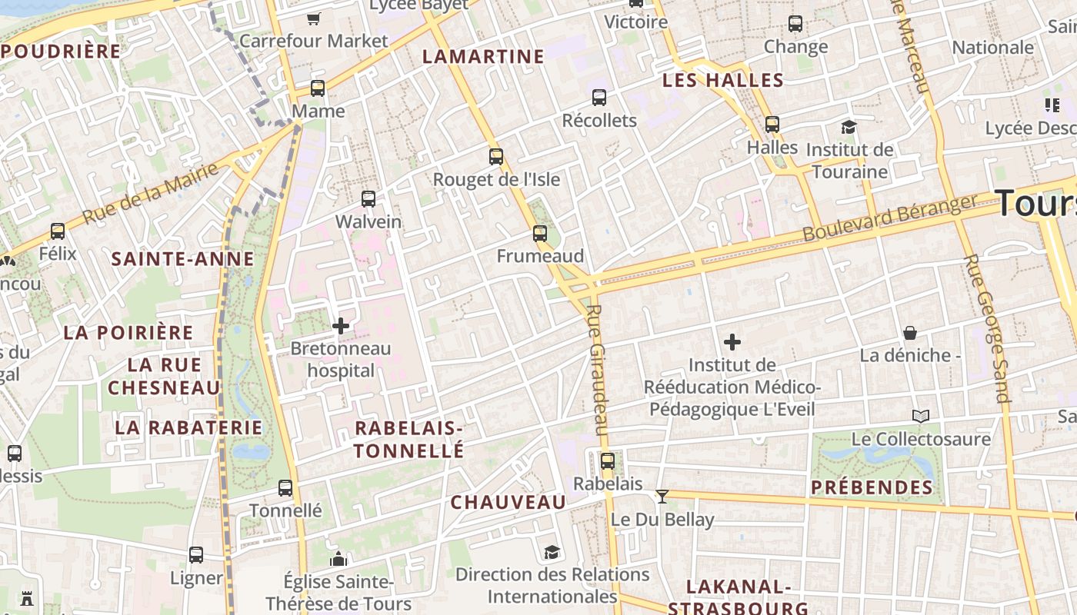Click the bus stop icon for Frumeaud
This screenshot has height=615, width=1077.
coord(540,234)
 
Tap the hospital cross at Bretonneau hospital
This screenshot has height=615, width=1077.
coord(341,326)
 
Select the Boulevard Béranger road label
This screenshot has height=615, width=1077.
coord(889,218)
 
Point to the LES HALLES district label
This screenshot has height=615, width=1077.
coord(722,81)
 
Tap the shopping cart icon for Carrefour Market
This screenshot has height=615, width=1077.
coord(313,18)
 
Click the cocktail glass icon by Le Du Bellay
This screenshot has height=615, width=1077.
coord(662,497)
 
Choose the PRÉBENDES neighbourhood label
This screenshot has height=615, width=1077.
coord(872,487)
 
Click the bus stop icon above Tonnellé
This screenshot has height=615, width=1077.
coord(285,488)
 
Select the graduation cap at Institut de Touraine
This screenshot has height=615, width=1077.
coord(849,127)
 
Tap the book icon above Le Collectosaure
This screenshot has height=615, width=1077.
coord(921,417)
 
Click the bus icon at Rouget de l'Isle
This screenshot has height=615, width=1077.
coord(496,157)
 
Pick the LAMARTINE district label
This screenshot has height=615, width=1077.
coord(483,57)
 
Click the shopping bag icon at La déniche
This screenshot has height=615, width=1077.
coord(910,333)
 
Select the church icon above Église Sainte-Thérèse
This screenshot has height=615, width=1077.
coord(338,559)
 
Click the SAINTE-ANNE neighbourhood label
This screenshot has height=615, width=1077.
coord(182,259)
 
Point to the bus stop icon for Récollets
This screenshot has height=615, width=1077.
coord(599,98)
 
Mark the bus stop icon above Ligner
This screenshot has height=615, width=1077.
coord(196,555)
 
